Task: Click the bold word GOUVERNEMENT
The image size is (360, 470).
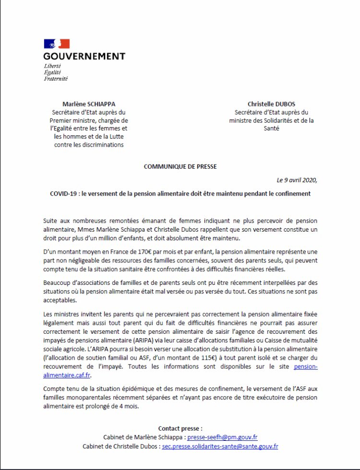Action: tap(84, 56)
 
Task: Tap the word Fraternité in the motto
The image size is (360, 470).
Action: tap(55, 78)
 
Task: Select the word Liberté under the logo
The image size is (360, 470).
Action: tap(52, 65)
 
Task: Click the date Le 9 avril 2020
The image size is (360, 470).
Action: tap(296, 180)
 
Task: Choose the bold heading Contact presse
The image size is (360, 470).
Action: tap(180, 428)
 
